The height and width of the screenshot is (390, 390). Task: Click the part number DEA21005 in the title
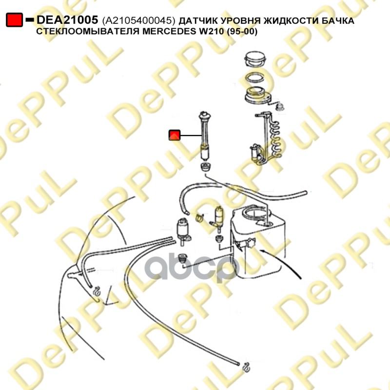tap(67, 20)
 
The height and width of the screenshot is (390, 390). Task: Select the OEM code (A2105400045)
tap(139, 20)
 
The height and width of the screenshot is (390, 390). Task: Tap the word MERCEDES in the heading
tap(169, 31)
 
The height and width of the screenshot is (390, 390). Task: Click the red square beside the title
tap(15, 20)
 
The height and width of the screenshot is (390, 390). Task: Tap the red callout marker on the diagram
tap(175, 135)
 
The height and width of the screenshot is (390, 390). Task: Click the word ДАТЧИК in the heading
tap(198, 20)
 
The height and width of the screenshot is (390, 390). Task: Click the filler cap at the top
tap(255, 59)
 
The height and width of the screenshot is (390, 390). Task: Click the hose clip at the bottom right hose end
tap(246, 368)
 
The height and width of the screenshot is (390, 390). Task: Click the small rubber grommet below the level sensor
tap(206, 167)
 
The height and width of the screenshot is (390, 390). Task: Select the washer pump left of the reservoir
tap(183, 231)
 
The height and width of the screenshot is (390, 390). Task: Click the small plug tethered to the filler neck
tap(280, 107)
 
